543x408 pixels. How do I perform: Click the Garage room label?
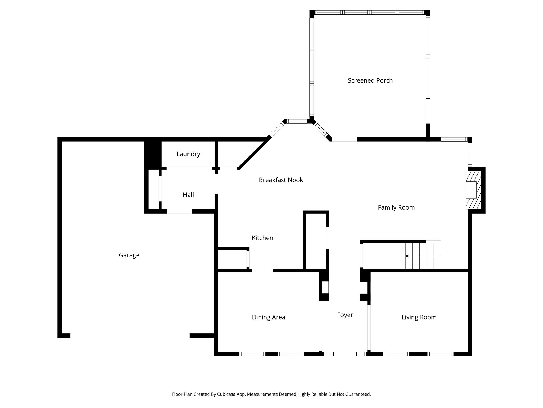click(x=129, y=255)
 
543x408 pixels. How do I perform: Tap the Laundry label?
click(x=188, y=154)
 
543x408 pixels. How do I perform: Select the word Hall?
click(x=188, y=195)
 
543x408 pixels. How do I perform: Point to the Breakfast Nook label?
click(x=281, y=180)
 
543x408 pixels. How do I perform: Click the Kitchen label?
click(x=262, y=238)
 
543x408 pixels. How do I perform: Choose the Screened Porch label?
click(x=370, y=80)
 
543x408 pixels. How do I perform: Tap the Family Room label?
click(x=396, y=207)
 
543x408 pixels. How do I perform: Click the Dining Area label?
click(x=268, y=317)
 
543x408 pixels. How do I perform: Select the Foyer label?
click(x=345, y=315)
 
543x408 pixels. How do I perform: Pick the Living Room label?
click(x=419, y=317)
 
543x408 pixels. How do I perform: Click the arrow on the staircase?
click(x=407, y=256)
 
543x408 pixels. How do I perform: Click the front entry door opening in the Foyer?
click(x=345, y=354)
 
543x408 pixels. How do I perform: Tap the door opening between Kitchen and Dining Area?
click(x=262, y=270)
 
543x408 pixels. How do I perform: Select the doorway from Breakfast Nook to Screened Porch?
click(x=345, y=140)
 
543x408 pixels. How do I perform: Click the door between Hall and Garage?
click(x=179, y=211)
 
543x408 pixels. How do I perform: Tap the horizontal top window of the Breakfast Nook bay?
click(x=297, y=121)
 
